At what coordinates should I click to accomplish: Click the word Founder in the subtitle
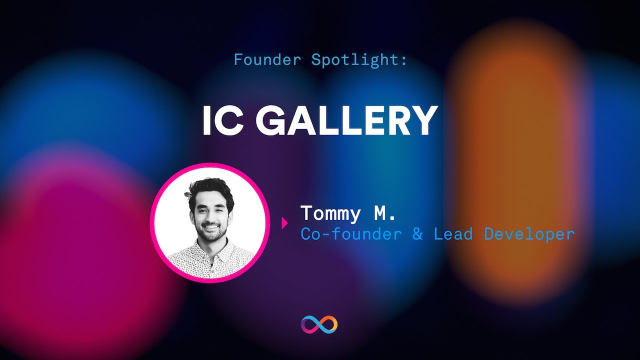(x=267, y=60)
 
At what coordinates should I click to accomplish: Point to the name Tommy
(x=330, y=213)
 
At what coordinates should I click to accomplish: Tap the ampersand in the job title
(x=417, y=234)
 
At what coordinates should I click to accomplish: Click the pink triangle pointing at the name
(x=284, y=223)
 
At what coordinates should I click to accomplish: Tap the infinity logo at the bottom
(x=319, y=325)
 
